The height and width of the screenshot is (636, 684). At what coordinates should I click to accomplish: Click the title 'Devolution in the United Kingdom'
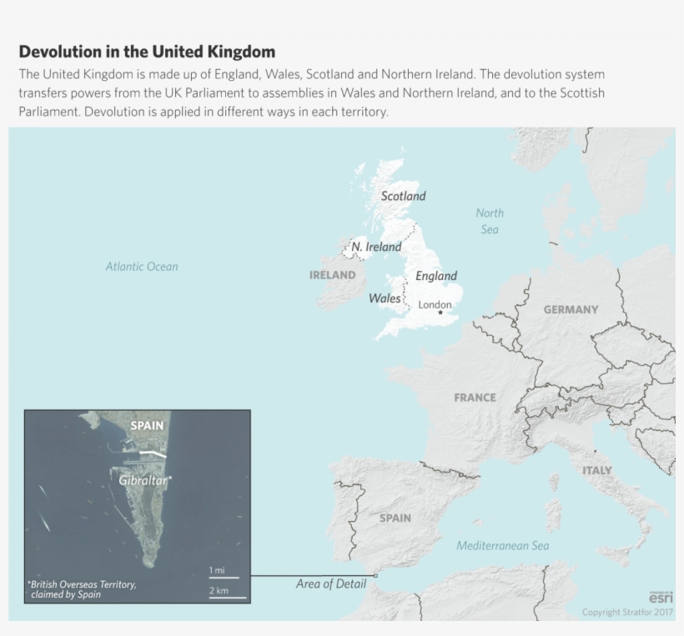coord(147,52)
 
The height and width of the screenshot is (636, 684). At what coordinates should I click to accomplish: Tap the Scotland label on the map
coord(403,197)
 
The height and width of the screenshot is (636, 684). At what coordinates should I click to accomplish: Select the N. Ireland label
coord(376,247)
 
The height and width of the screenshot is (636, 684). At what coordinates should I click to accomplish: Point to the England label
coord(436,276)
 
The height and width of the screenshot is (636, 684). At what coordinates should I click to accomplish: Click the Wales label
coord(385,298)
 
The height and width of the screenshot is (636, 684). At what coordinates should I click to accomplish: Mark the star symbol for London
coord(440,313)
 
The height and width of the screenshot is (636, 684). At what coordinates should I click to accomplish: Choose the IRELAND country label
coord(332,275)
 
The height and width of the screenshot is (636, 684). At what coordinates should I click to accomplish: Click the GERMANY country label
coord(571,309)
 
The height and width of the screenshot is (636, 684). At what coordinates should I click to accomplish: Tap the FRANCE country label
coord(475,398)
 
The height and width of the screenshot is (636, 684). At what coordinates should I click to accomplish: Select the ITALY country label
coord(596,470)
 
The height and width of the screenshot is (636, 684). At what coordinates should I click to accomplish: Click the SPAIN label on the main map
coord(395,518)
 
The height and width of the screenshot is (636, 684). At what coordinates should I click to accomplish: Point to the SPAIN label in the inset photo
coord(147,426)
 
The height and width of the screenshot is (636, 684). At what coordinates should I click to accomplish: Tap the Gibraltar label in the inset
coord(143,481)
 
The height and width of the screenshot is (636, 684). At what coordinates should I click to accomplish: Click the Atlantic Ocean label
coord(142,267)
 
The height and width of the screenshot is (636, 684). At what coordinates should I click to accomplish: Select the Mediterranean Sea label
coord(503,546)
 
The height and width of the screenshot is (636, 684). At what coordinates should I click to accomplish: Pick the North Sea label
coord(490,221)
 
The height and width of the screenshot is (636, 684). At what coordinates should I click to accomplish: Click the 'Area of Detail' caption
coord(331,584)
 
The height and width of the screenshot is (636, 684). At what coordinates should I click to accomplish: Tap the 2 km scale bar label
coord(219,591)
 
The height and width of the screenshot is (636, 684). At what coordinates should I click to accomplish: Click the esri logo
coord(661,597)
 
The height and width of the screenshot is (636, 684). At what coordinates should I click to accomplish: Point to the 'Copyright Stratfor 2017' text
coord(627,613)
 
